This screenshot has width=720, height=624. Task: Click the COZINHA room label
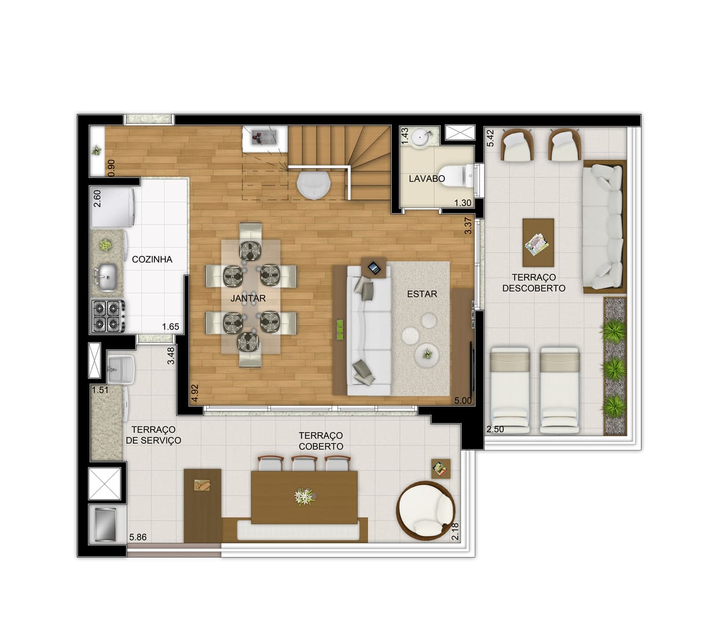point(152,259)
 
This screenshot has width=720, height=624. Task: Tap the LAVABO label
point(426,179)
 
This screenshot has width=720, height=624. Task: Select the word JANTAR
point(248,298)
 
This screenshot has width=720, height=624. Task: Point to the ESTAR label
point(422,294)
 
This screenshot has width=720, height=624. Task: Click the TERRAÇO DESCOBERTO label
point(533,283)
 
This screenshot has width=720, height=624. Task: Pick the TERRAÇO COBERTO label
point(321,441)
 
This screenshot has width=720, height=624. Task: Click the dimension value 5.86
point(138,537)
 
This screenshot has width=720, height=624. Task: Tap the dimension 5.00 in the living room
point(463,400)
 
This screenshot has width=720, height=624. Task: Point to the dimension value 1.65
point(170,326)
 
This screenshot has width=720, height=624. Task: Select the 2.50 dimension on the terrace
point(495,429)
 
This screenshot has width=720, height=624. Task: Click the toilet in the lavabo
point(456,176)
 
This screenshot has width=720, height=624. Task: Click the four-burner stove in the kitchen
point(107,316)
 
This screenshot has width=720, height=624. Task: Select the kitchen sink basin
point(107,277)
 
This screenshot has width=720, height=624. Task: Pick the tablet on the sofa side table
point(374,268)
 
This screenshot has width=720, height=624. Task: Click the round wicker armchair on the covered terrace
point(426,510)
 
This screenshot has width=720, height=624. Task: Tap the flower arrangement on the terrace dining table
point(305,496)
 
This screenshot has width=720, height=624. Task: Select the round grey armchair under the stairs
point(313,186)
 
